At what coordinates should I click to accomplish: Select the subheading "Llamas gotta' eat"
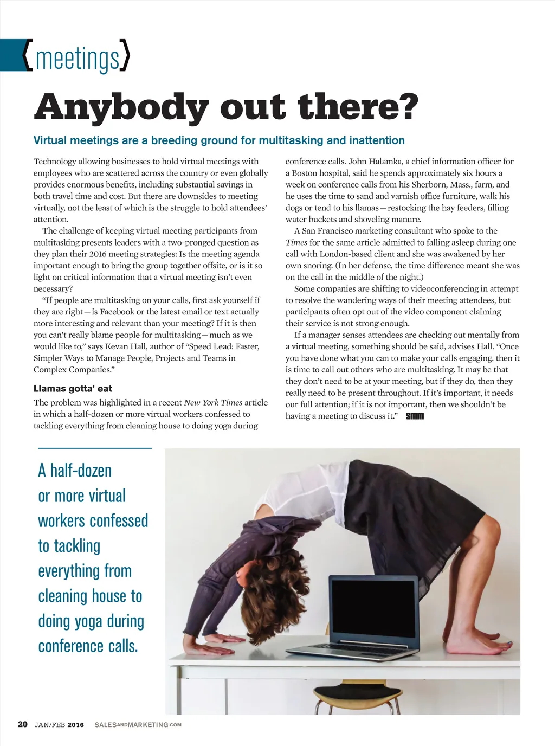(x=73, y=388)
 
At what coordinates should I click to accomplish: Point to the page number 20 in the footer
(x=22, y=724)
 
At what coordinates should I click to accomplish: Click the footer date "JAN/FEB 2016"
(x=59, y=725)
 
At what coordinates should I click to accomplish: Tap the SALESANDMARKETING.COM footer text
(x=138, y=725)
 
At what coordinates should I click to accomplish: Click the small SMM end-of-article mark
(x=415, y=416)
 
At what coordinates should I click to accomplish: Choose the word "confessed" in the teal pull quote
(x=121, y=521)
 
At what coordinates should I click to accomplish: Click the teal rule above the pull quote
(x=95, y=448)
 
